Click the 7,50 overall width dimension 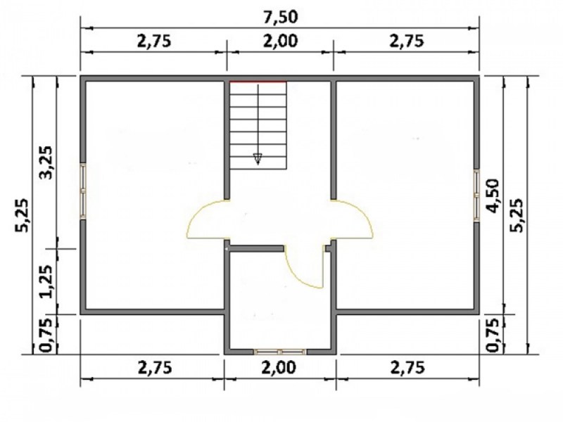(280, 17)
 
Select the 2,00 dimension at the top (280, 41)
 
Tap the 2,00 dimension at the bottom (279, 367)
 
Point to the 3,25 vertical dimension (46, 162)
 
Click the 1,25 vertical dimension (46, 282)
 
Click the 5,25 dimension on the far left (23, 215)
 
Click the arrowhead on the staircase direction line (258, 158)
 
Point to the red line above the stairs (258, 82)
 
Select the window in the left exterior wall (83, 191)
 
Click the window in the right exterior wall (476, 196)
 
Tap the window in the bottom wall (280, 352)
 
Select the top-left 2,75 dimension (154, 41)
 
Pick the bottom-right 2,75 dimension (407, 367)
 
